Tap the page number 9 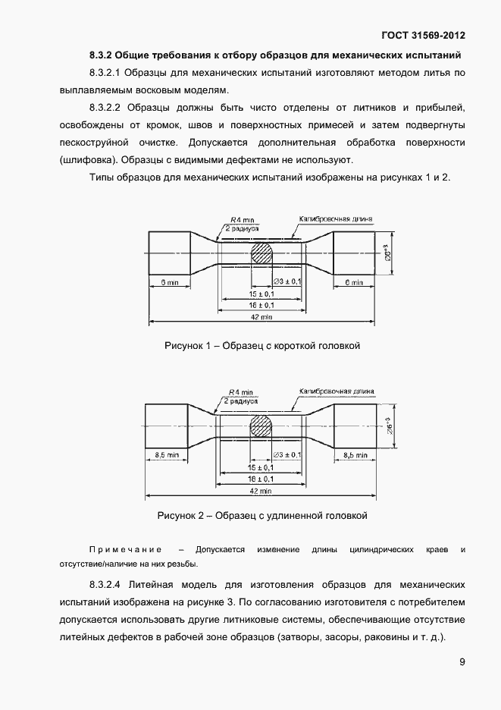click(462, 661)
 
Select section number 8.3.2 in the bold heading click(101, 55)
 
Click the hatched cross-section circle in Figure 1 click(262, 253)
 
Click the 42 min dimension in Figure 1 click(261, 316)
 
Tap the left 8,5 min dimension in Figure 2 click(166, 454)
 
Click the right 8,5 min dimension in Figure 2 click(355, 454)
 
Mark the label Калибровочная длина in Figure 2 click(337, 391)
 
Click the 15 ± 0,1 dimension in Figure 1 click(261, 294)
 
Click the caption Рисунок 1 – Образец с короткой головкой click(261, 346)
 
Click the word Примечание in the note click(127, 548)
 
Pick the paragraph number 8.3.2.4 click(106, 586)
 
